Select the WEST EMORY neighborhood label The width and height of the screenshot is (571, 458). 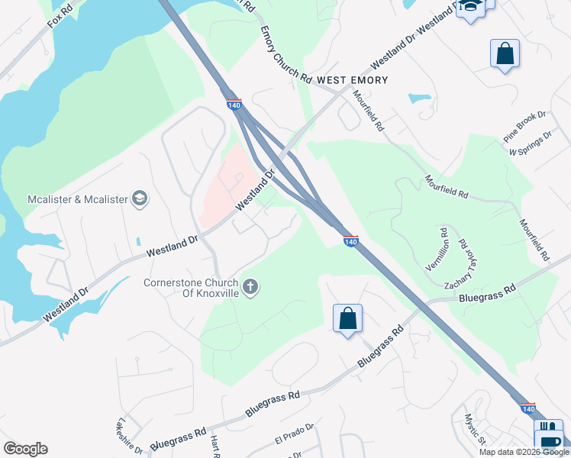click(x=353, y=80)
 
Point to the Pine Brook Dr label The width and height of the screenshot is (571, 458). click(x=524, y=127)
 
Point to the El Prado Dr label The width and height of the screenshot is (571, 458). click(x=294, y=437)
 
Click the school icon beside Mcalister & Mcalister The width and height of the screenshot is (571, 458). click(x=140, y=199)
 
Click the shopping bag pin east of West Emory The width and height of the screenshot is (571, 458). click(x=505, y=53)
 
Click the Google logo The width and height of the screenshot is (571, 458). click(x=25, y=449)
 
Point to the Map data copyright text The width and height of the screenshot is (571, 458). click(x=524, y=452)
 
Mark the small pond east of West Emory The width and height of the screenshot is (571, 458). click(x=419, y=98)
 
